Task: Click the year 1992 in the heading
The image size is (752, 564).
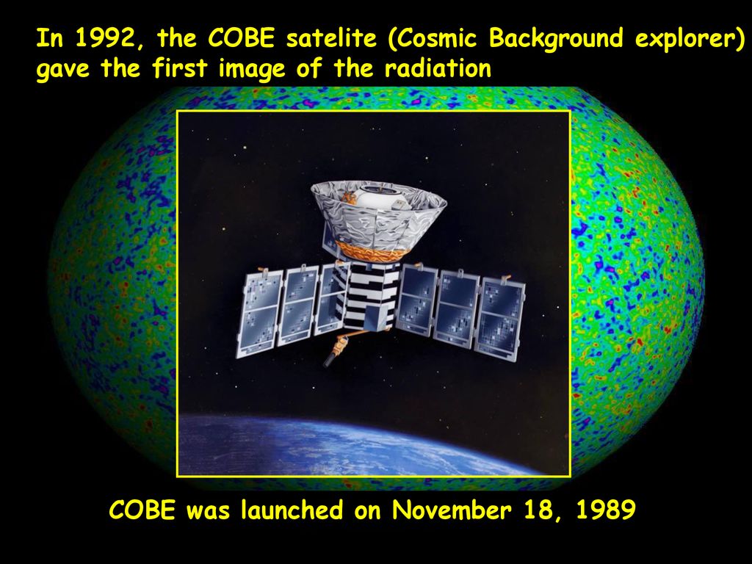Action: [103, 38]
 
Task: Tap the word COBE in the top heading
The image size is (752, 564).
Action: [242, 38]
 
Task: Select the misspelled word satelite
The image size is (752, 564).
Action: [331, 38]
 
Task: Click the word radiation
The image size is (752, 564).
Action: [438, 68]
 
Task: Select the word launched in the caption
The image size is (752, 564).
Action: [292, 510]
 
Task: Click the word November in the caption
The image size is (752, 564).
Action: [452, 510]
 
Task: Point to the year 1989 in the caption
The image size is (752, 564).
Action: [605, 510]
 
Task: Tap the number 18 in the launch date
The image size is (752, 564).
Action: [539, 510]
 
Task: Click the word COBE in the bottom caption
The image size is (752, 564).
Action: [142, 510]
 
